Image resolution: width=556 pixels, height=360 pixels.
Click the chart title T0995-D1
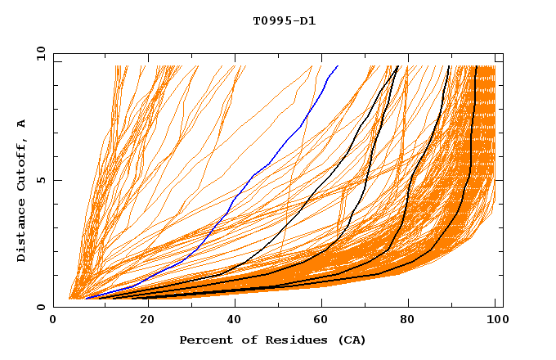coord(284,20)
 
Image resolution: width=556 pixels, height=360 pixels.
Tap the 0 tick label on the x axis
coord(53,320)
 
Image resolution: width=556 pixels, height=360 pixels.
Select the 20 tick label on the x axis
coord(142,320)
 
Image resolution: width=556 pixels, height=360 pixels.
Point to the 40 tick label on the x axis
coord(231,320)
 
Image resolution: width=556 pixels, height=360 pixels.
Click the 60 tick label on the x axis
coord(320,320)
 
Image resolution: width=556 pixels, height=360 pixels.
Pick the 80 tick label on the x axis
coord(408,320)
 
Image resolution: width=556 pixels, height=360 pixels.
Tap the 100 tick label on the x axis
coord(496,320)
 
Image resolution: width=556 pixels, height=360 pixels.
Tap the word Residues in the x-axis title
coord(289,340)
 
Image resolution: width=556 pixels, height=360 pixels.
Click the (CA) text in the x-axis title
coord(349,340)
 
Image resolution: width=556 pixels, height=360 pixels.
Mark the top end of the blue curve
coord(337,66)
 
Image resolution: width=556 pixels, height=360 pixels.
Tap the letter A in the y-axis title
coord(22,124)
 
